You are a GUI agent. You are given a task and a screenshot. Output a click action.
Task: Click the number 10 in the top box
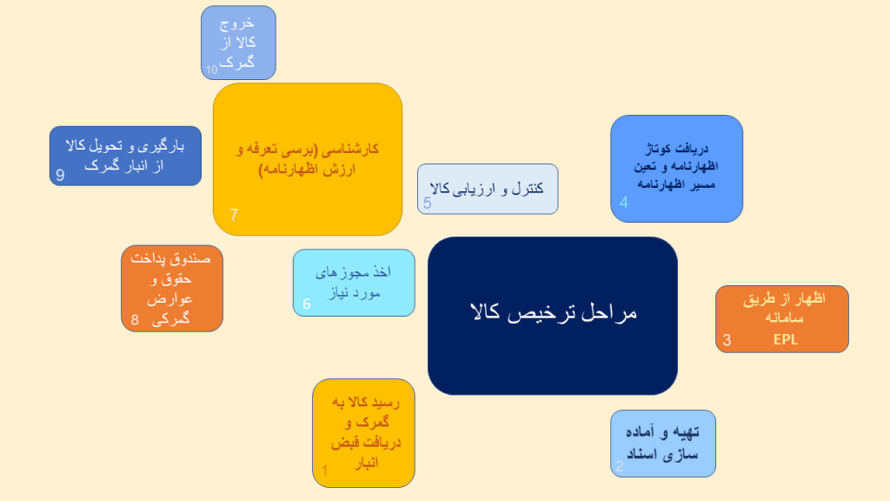pos(212,70)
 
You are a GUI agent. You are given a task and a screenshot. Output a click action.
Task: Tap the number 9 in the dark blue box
pos(60,175)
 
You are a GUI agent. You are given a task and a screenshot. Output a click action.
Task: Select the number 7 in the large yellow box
pos(234,215)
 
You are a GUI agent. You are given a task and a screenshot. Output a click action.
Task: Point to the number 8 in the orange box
pos(135,320)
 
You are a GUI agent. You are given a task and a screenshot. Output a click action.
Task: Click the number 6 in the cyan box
pos(307,304)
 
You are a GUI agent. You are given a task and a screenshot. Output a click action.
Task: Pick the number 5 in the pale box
pos(428,204)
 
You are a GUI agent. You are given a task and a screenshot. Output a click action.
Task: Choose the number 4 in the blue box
pos(624,202)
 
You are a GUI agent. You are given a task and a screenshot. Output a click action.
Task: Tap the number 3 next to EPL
pos(727,340)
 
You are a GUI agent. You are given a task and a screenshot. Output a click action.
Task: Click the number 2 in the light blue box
pos(619,466)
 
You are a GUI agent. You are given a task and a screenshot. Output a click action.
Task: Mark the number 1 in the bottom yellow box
pos(325,471)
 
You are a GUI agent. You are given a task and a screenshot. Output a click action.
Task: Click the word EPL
pos(786,340)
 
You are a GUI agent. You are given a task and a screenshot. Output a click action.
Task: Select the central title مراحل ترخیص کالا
pos(554,313)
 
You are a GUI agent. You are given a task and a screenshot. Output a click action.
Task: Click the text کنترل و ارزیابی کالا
pos(487,188)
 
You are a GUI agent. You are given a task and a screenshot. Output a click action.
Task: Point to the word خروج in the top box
pos(236,23)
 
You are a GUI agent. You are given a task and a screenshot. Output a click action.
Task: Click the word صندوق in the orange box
pos(190,259)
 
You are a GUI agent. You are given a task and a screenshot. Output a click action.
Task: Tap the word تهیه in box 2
pos(686,433)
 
